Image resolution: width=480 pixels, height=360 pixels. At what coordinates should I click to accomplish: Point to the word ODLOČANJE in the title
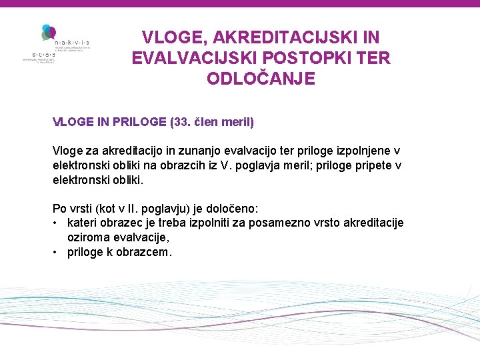pyautogui.click(x=261, y=79)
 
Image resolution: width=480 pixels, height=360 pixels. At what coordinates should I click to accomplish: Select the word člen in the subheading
pyautogui.click(x=209, y=123)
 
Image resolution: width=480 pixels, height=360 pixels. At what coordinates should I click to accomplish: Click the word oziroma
pyautogui.click(x=89, y=237)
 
